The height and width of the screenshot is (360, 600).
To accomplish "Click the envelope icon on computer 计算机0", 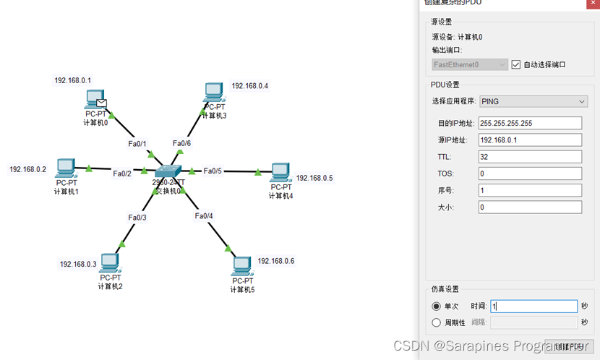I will [103, 103].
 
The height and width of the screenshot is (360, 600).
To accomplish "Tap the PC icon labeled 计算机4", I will [280, 173].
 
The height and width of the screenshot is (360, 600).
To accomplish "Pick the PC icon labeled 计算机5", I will [242, 265].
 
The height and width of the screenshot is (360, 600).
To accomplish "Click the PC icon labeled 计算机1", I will [66, 168].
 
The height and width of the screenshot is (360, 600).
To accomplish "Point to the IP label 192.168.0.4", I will [250, 86].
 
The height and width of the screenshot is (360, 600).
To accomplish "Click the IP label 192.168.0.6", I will [276, 261].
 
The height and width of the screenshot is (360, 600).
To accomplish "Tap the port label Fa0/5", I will [213, 171].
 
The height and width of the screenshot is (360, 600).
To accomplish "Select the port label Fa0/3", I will [137, 218].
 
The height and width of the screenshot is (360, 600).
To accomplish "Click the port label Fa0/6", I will [181, 143].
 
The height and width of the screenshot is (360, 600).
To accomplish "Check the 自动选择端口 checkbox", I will [515, 64].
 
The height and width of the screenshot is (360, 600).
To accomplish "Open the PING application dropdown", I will [533, 101].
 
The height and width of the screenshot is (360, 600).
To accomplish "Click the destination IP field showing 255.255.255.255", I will [530, 123].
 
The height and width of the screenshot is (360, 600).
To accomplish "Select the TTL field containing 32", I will [530, 157].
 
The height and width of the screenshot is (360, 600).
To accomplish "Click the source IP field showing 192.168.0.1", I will [530, 140].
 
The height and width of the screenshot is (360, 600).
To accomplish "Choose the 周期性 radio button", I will [436, 322].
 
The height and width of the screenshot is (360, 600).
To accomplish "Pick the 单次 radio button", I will [436, 307].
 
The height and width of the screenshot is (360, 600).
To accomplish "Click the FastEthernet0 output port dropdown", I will [470, 64].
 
